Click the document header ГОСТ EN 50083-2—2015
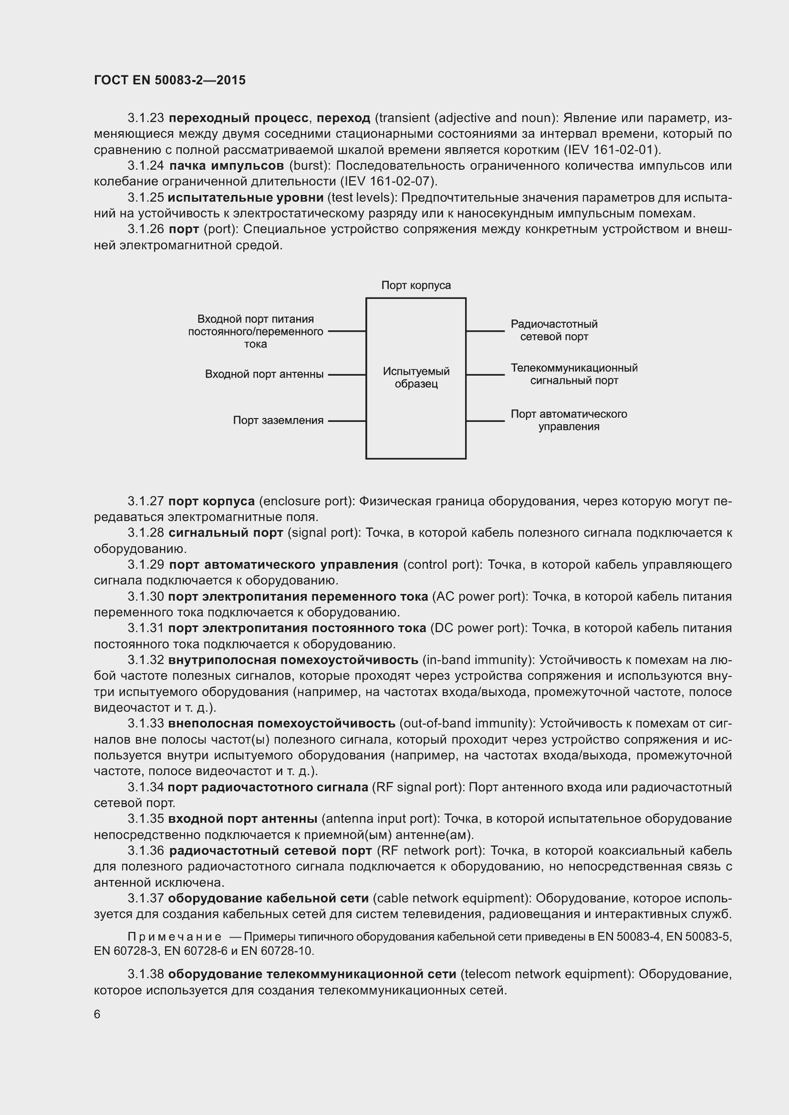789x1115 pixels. tap(169, 80)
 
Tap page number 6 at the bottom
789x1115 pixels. tap(97, 1014)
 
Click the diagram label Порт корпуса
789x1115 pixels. tap(416, 285)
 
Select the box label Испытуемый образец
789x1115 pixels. tap(416, 378)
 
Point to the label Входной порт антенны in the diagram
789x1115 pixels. tap(264, 374)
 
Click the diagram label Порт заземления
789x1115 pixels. tap(278, 420)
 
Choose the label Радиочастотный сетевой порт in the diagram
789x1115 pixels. tap(554, 330)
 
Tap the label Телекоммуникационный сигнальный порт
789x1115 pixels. tap(574, 374)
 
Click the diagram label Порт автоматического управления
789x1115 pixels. tap(569, 420)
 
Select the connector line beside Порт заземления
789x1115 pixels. tap(347, 421)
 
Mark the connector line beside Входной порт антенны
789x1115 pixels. tap(347, 375)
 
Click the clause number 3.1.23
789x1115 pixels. tap(146, 118)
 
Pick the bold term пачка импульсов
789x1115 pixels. tap(227, 165)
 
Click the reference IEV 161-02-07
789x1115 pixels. tap(388, 182)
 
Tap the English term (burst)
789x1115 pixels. tap(310, 165)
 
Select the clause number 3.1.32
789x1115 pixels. tap(146, 659)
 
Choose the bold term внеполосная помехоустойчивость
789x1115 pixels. tap(282, 723)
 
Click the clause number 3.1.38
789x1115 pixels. tap(146, 974)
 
